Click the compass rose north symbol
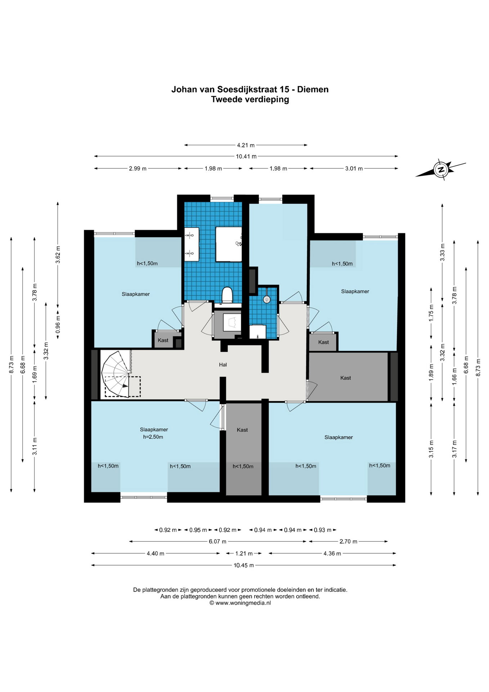(441, 169)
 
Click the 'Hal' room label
(223, 365)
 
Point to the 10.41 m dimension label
(246, 156)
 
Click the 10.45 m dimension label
(244, 565)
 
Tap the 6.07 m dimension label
(217, 541)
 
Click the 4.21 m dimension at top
(246, 145)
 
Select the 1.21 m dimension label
(244, 553)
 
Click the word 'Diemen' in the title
(313, 89)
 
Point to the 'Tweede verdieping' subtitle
(250, 99)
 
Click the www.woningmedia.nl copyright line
(240, 603)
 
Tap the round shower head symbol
(266, 299)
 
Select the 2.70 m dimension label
(348, 541)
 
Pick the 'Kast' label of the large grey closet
(346, 378)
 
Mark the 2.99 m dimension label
(138, 168)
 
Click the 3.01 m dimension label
(354, 168)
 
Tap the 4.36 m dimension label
(332, 553)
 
